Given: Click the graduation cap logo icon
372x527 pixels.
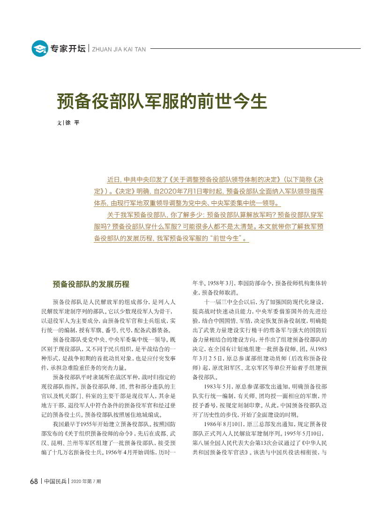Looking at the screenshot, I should coord(40,48).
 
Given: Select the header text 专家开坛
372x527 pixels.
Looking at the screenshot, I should coord(68,49).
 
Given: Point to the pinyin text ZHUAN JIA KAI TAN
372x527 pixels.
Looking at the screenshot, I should coord(119,49).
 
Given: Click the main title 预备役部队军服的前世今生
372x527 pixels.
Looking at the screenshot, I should coord(162,101).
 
